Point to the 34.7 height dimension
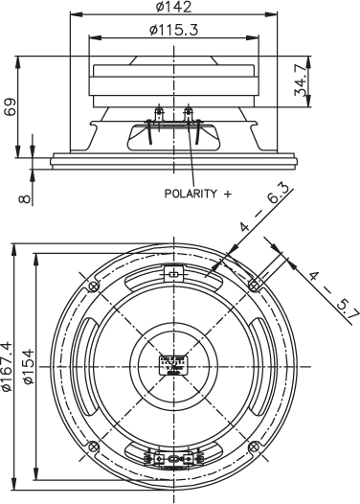(329, 80)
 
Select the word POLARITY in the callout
(190, 193)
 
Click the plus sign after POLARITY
(227, 193)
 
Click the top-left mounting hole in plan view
(92, 286)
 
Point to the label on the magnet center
(173, 365)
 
